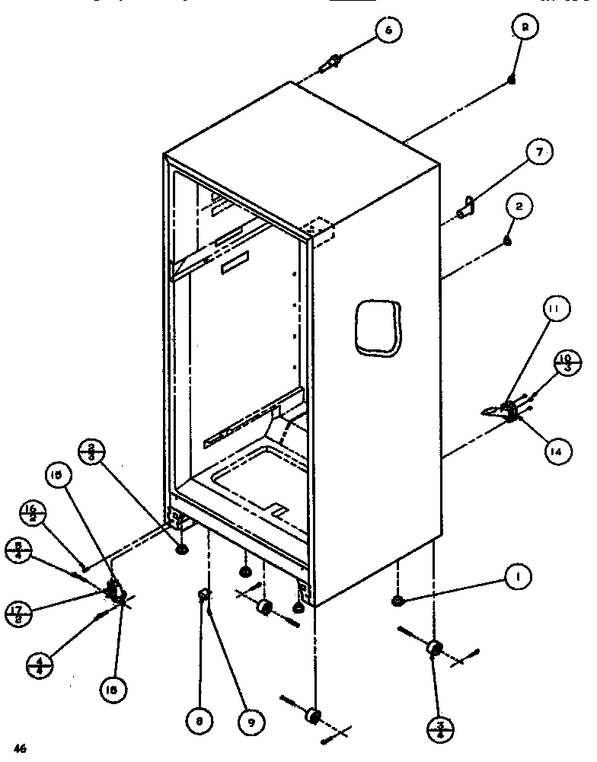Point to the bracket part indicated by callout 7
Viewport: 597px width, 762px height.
click(x=465, y=208)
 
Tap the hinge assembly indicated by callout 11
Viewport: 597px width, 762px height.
click(x=506, y=410)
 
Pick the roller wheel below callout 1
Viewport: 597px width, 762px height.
click(x=434, y=649)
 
